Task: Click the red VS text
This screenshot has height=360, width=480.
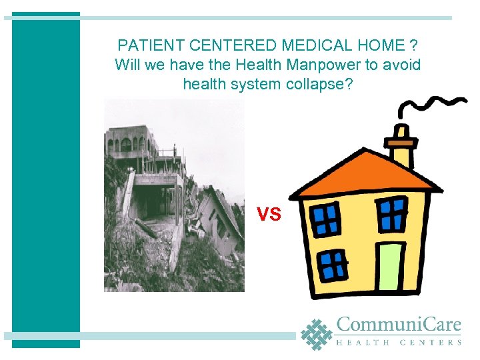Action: pyautogui.click(x=269, y=214)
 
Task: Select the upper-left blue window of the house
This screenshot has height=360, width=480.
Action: pyautogui.click(x=327, y=217)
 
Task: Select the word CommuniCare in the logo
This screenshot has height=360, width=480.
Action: pyautogui.click(x=399, y=325)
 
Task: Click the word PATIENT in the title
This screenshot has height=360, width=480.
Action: pyautogui.click(x=144, y=46)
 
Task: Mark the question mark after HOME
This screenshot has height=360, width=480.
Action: pyautogui.click(x=415, y=46)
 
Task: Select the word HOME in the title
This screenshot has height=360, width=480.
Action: pyautogui.click(x=383, y=46)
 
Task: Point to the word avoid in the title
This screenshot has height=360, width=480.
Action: pyautogui.click(x=402, y=65)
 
